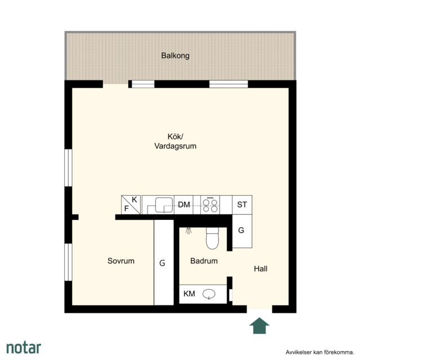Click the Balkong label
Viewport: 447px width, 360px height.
click(x=175, y=56)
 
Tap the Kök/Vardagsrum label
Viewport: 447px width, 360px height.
click(x=175, y=141)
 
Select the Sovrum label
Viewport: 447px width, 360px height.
click(x=121, y=261)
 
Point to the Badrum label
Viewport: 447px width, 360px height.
click(x=204, y=261)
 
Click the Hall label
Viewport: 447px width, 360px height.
click(x=261, y=268)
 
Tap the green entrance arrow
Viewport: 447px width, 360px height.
click(x=260, y=326)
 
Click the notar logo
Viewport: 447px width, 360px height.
click(x=24, y=348)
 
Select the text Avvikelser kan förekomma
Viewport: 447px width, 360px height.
click(x=320, y=352)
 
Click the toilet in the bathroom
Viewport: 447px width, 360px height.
click(x=212, y=238)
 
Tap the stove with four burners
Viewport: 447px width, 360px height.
click(x=210, y=205)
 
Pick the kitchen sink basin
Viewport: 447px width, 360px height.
click(x=164, y=205)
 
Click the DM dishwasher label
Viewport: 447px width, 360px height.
click(x=184, y=205)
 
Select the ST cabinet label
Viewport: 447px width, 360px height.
click(x=242, y=205)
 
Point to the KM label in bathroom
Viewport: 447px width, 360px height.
click(x=189, y=294)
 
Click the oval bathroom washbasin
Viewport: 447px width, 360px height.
click(x=209, y=294)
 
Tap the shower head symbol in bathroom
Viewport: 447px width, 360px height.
click(x=189, y=231)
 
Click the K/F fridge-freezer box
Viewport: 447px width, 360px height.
click(x=131, y=205)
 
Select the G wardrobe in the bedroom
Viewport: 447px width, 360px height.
click(x=164, y=262)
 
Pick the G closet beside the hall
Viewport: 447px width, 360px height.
click(x=242, y=231)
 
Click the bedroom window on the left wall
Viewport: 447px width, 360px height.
click(x=69, y=262)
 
